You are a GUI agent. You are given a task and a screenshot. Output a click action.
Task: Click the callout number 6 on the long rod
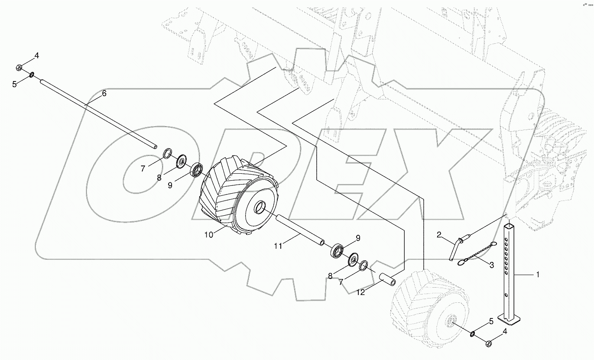(104, 93)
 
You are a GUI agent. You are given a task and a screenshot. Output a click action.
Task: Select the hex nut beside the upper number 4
(19, 67)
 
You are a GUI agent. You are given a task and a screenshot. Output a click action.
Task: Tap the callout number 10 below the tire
(209, 234)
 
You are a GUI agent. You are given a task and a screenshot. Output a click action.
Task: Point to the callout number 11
(278, 246)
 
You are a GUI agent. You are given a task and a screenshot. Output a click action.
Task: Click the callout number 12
(361, 292)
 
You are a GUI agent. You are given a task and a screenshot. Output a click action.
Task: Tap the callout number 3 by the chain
(491, 266)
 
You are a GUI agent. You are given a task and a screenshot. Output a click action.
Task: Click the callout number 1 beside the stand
(538, 274)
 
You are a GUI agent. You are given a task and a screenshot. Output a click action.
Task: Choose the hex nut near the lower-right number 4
(487, 344)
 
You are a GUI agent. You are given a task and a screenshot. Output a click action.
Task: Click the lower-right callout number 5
(491, 321)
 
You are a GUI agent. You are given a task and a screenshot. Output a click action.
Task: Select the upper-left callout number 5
(14, 84)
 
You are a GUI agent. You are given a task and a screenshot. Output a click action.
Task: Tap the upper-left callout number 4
(36, 55)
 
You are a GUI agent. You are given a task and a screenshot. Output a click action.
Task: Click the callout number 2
(439, 235)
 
